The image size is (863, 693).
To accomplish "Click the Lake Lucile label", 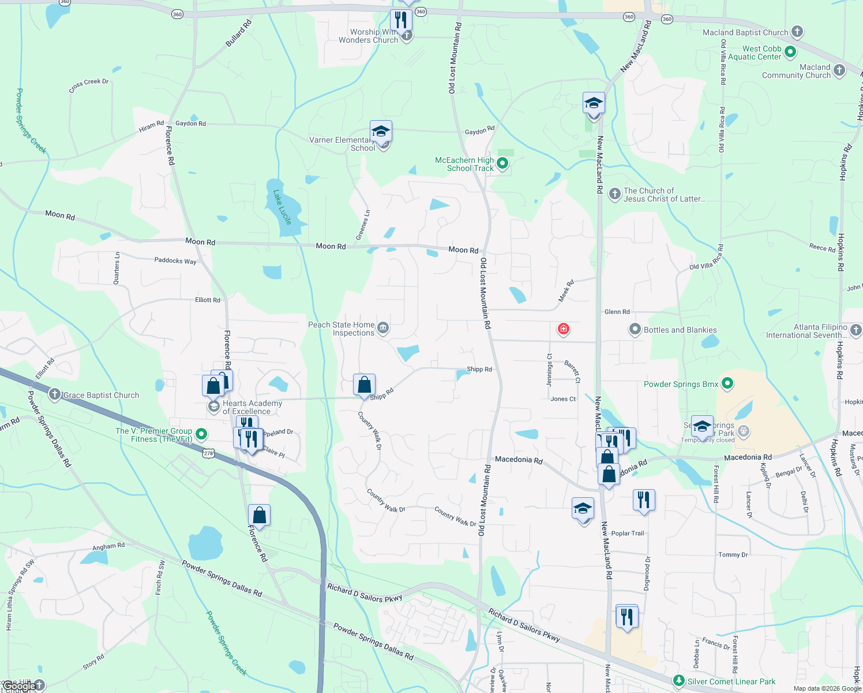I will [x=283, y=207].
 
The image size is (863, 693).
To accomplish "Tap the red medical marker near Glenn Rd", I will [x=564, y=329].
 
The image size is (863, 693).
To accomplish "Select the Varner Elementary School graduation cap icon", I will [x=381, y=132].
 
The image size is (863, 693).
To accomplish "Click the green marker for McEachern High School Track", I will [x=502, y=164].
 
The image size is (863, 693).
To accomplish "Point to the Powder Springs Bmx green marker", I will [x=727, y=383].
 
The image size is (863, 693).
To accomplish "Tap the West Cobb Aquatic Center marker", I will [x=790, y=53].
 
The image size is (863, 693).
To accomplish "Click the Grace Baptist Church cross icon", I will [x=54, y=395].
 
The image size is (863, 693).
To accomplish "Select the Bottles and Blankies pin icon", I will [x=635, y=330].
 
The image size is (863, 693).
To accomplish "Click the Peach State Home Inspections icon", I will [x=383, y=329].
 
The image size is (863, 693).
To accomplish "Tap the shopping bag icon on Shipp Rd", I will [x=365, y=385].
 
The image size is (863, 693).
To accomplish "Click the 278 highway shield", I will [x=208, y=453].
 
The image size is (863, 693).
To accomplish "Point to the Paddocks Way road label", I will [x=175, y=260].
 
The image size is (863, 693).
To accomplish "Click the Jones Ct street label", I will [x=563, y=399].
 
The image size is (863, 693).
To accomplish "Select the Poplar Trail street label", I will [x=628, y=533].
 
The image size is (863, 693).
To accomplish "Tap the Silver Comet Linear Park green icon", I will [x=679, y=681].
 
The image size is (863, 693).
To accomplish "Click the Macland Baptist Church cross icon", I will [x=797, y=32].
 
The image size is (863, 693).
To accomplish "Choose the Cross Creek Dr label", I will [x=89, y=85].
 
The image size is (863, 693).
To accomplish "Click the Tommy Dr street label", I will [x=733, y=554].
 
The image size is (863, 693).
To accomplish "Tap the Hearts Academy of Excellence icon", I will [x=214, y=407].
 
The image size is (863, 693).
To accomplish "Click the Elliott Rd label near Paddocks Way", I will [x=208, y=300].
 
